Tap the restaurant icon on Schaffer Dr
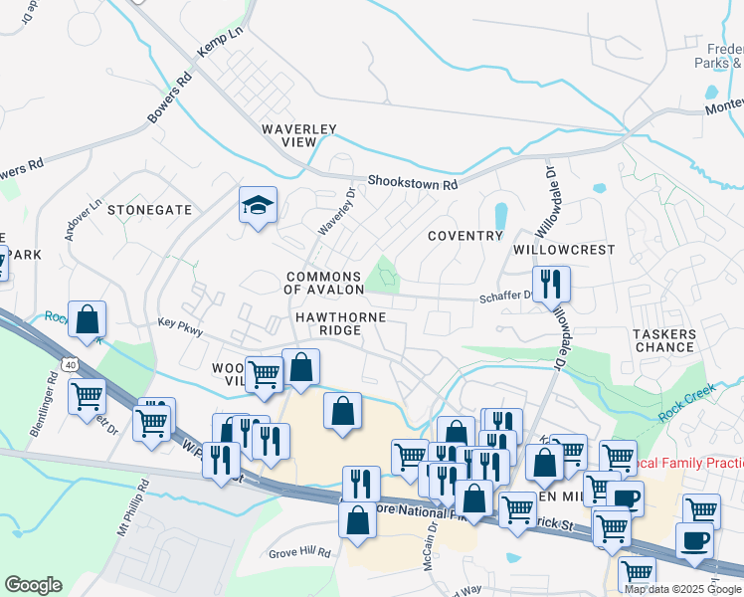tap(550, 284)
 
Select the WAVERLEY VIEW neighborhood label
tap(300, 135)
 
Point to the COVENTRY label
tap(465, 236)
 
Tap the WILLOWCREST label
tap(565, 250)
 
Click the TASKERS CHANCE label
tap(663, 340)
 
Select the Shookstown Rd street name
tap(412, 183)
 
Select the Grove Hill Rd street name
tap(299, 551)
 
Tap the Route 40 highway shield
tap(70, 364)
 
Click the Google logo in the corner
tap(33, 585)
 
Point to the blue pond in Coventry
tap(500, 216)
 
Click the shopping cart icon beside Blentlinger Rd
tap(87, 395)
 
